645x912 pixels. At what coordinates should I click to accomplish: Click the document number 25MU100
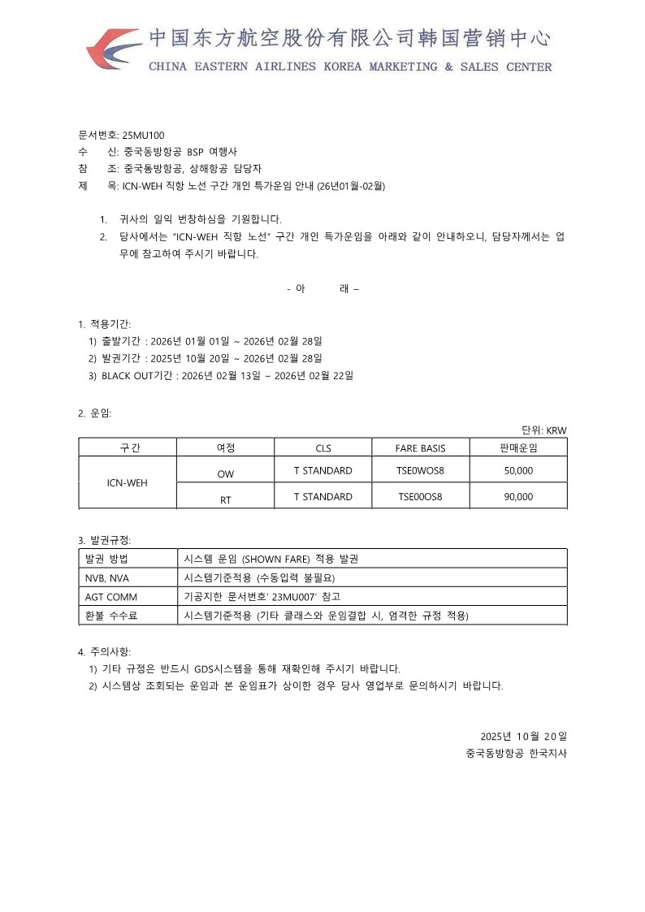(x=143, y=135)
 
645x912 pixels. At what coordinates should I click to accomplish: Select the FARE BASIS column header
(x=420, y=447)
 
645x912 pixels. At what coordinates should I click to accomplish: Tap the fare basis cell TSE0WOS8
(x=420, y=471)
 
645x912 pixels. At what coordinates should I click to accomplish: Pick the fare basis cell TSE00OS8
(x=420, y=496)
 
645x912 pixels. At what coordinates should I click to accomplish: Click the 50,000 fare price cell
(x=518, y=471)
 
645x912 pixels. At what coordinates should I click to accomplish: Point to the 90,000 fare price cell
(x=518, y=496)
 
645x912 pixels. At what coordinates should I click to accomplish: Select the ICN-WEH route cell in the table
(x=128, y=483)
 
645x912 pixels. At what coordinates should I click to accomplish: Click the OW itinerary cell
(x=225, y=473)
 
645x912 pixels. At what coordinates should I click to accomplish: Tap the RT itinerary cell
(x=225, y=500)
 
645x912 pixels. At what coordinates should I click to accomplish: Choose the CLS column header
(x=322, y=447)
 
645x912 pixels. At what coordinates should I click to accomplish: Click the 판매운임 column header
(x=518, y=447)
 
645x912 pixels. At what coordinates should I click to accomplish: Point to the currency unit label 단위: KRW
(x=543, y=430)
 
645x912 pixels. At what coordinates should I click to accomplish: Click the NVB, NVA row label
(x=107, y=578)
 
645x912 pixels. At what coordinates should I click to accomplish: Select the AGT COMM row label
(x=110, y=597)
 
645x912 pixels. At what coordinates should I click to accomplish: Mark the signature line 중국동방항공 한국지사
(x=516, y=753)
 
